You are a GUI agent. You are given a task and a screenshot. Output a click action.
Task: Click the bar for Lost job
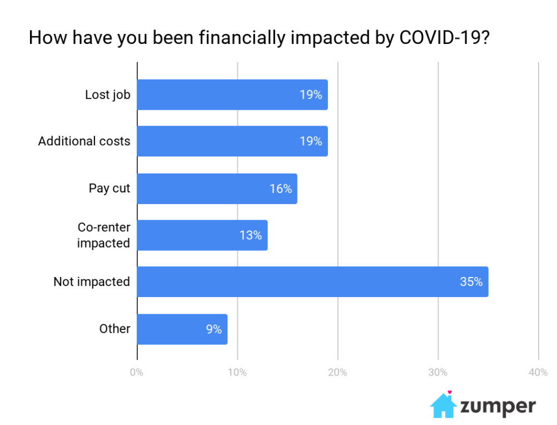click(232, 95)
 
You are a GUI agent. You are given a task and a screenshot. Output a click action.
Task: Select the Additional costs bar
click(232, 141)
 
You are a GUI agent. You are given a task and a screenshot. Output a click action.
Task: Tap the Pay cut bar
click(217, 189)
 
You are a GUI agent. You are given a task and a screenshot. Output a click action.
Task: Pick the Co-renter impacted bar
click(202, 235)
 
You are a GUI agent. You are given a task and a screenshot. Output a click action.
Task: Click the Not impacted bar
click(312, 282)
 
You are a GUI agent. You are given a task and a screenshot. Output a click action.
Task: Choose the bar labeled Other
click(182, 329)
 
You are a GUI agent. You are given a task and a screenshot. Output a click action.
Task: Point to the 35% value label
click(471, 282)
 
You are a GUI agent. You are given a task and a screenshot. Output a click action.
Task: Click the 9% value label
click(213, 329)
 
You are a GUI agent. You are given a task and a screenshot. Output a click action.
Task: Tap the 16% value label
click(281, 189)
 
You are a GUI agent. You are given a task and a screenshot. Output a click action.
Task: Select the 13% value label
click(251, 235)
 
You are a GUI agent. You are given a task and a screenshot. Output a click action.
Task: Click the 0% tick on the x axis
click(137, 372)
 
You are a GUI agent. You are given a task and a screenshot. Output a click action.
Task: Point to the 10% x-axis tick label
click(237, 372)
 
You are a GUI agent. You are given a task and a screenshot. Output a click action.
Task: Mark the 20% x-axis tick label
click(337, 372)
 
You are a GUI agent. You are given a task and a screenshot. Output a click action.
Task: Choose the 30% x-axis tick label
click(438, 372)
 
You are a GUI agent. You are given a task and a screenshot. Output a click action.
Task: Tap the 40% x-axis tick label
click(538, 372)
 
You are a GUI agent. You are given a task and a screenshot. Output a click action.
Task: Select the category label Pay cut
click(110, 189)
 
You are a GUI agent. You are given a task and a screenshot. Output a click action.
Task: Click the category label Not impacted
click(92, 282)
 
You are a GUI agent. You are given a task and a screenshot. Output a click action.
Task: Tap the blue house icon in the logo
click(443, 405)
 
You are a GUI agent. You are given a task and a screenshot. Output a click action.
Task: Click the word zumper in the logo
click(498, 407)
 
